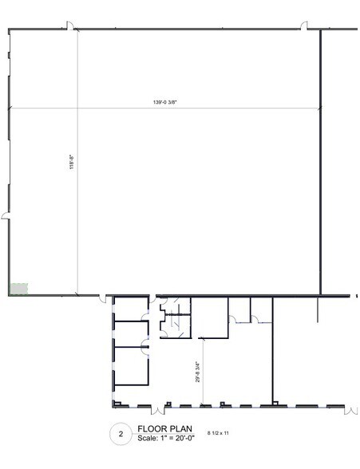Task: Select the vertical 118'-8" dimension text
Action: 72,164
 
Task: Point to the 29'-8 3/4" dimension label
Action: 196,372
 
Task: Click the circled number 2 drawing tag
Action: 121,434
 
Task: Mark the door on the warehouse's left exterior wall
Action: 6,217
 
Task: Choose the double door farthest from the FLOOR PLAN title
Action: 350,408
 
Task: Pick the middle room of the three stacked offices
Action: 129,334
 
